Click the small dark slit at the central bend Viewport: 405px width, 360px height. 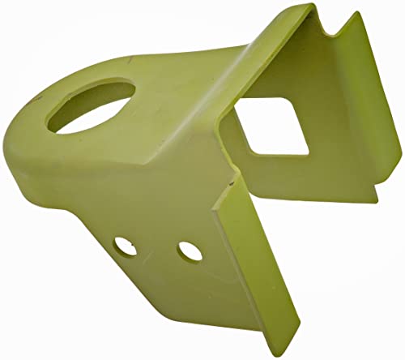click(233, 183)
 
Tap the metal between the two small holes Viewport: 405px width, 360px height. click(156, 246)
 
